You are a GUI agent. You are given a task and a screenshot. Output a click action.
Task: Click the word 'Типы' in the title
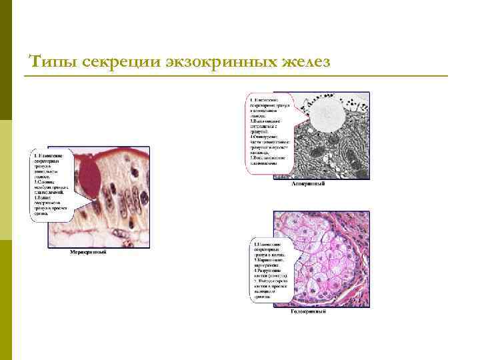click(x=50, y=61)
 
